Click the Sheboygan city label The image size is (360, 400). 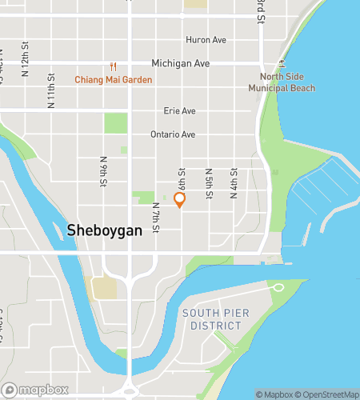pos(104,230)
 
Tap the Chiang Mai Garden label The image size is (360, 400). pos(114,80)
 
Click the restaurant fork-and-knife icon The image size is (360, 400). pos(114,66)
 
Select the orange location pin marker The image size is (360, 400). pos(179,200)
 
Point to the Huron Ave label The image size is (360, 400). pos(206,40)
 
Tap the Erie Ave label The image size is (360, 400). pos(179,111)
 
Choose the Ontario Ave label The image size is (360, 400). pos(173,135)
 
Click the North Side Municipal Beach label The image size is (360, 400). pos(286,82)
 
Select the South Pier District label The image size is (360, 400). pos(211,319)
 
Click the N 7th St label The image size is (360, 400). pos(157,218)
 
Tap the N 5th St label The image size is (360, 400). pos(208,183)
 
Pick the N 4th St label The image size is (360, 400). pos(234,183)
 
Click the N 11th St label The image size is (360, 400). pos(50,90)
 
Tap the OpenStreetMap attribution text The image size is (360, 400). pos(328,394)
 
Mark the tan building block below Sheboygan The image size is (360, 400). pos(103,287)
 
